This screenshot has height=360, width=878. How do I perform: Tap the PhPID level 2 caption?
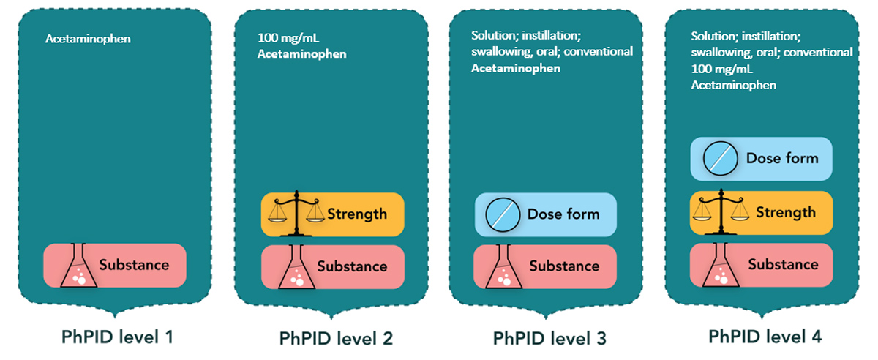coord(336,339)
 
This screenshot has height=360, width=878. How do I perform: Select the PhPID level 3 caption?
coord(549,339)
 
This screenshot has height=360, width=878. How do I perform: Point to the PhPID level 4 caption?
coord(765,337)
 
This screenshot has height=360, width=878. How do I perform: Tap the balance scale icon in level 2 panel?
coord(296,212)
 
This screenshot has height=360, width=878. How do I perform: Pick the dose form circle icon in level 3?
coord(503,214)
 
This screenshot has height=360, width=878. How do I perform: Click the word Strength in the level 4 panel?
coord(785,213)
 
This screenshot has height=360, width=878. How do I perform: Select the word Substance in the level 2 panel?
coord(352,266)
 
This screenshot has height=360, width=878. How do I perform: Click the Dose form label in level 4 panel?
coord(782,158)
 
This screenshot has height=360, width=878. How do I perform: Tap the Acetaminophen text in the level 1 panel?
coord(88,38)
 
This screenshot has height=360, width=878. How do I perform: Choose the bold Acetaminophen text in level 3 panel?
coord(516,69)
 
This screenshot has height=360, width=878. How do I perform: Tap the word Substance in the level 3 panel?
coord(564,266)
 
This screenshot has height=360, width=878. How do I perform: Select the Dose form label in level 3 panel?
coord(563,214)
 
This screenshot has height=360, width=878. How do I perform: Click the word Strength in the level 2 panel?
coord(357,214)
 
